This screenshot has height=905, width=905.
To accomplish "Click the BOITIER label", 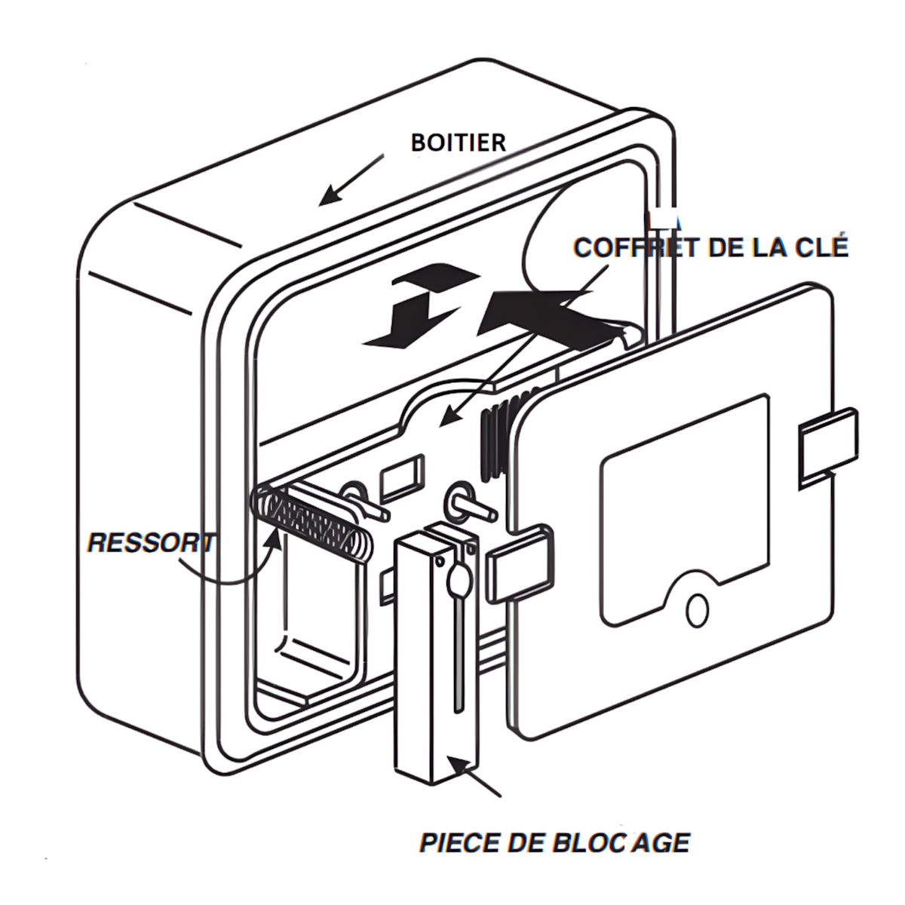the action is [x=459, y=143].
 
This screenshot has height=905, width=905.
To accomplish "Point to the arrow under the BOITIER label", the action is [x=351, y=180].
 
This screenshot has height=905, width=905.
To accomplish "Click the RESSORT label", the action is [x=151, y=543].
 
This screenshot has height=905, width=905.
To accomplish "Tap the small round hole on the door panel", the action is [x=697, y=611].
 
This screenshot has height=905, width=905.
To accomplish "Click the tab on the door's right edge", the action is [x=828, y=449].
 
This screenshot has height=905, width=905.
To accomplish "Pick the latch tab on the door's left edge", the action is [x=520, y=563].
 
